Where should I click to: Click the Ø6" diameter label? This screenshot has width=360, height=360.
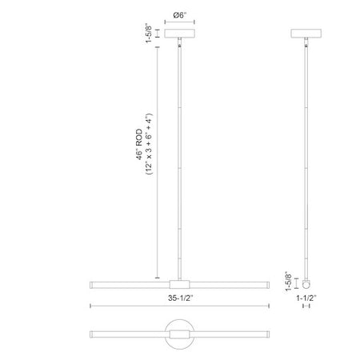[179, 15]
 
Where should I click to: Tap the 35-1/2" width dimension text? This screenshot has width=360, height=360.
[180, 298]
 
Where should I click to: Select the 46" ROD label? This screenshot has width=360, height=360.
[139, 145]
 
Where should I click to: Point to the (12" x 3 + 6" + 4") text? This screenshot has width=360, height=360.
[149, 144]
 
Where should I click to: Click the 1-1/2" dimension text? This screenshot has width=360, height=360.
[306, 298]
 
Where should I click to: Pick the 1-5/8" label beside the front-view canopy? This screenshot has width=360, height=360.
[149, 34]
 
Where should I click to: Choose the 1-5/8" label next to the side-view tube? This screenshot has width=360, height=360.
[289, 282]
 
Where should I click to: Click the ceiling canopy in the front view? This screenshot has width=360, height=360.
[179, 34]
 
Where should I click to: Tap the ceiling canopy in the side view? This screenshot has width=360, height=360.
[306, 34]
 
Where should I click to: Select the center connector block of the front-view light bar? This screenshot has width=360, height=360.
[179, 284]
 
